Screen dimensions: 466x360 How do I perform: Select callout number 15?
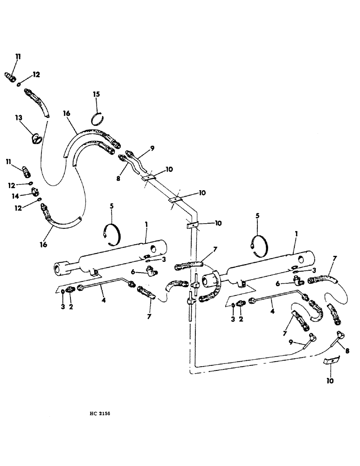96,95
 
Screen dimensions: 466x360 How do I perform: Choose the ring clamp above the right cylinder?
259,243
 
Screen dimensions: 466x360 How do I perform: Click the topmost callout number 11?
18,57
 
